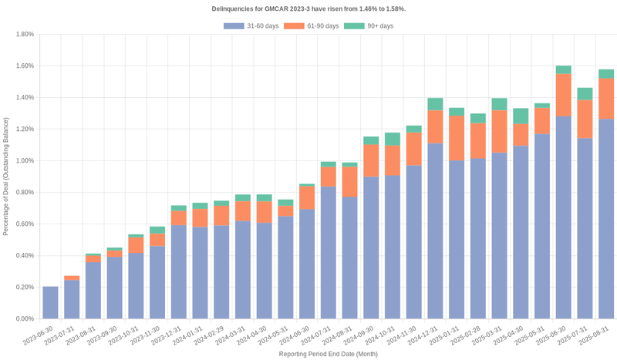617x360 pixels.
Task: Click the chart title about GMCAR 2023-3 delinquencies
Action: tap(308, 8)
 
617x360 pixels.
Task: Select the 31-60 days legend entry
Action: tap(251, 26)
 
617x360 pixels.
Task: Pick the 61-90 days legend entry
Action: tap(311, 26)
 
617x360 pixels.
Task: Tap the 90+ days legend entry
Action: tap(368, 26)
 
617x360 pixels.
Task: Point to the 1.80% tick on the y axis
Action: tap(24, 34)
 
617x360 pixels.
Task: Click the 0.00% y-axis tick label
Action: tap(24, 318)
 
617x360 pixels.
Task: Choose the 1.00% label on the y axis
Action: tap(24, 160)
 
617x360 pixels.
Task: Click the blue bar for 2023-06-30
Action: tap(50, 302)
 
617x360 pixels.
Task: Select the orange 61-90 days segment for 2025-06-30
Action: tap(563, 95)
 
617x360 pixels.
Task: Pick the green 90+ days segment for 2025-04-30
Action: tap(521, 116)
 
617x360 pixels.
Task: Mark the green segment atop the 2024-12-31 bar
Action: tap(435, 104)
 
